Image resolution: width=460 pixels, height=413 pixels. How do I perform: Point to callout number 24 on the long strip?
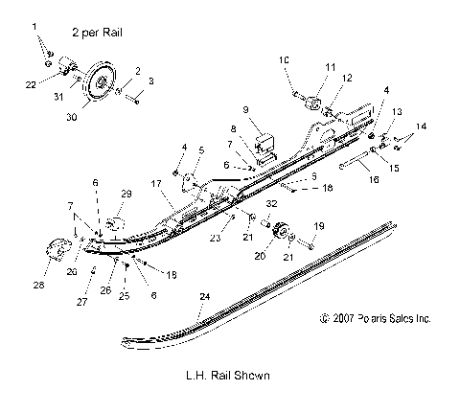click(204, 298)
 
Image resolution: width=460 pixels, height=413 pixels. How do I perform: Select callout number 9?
click(245, 109)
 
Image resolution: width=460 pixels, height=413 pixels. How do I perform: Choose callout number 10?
click(283, 60)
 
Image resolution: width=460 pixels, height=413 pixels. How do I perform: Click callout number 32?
click(270, 204)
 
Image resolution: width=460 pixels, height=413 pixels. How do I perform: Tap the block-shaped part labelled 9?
click(260, 129)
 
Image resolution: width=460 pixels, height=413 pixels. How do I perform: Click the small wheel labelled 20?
click(256, 235)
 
